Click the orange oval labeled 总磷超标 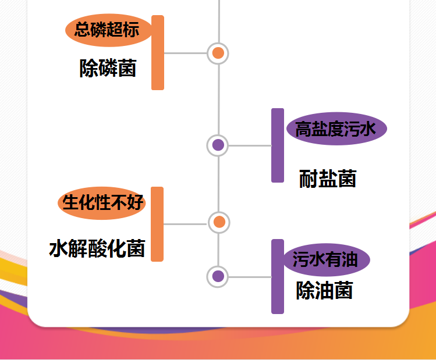pyautogui.click(x=108, y=30)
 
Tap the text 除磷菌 pyautogui.click(x=108, y=69)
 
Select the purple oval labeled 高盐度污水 pyautogui.click(x=336, y=129)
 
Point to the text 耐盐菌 pyautogui.click(x=328, y=179)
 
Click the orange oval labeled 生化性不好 pyautogui.click(x=102, y=203)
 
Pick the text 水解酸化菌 pyautogui.click(x=97, y=249)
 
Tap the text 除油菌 pyautogui.click(x=324, y=290)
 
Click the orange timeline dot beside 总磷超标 pyautogui.click(x=218, y=54)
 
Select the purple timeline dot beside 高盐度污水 pyautogui.click(x=218, y=145)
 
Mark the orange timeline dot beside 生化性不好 pyautogui.click(x=219, y=222)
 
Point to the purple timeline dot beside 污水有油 pyautogui.click(x=218, y=276)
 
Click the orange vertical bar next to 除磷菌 pyautogui.click(x=158, y=53)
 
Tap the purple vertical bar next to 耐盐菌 pyautogui.click(x=278, y=145)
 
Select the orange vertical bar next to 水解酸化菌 pyautogui.click(x=157, y=224)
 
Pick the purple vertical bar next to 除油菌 pyautogui.click(x=278, y=276)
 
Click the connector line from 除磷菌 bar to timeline pyautogui.click(x=185, y=53)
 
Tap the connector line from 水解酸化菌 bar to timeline pyautogui.click(x=185, y=223)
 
